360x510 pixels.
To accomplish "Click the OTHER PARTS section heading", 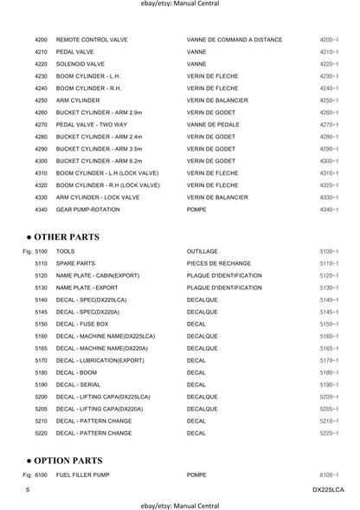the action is coord(66,236).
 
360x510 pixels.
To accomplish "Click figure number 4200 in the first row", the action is coord(41,40).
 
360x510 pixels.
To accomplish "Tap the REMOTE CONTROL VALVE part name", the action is coord(93,40).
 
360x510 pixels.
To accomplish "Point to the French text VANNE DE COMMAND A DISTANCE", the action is coord(234,40).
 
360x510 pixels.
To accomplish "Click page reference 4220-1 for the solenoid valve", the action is coord(329,64).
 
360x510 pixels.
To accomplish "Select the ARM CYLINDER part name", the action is coord(79,100).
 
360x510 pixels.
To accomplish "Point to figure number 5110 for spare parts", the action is coord(41,263).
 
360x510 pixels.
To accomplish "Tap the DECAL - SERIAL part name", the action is coord(81,384).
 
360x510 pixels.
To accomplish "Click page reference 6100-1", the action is coord(329,476).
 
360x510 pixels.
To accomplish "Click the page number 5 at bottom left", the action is coord(29,491).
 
